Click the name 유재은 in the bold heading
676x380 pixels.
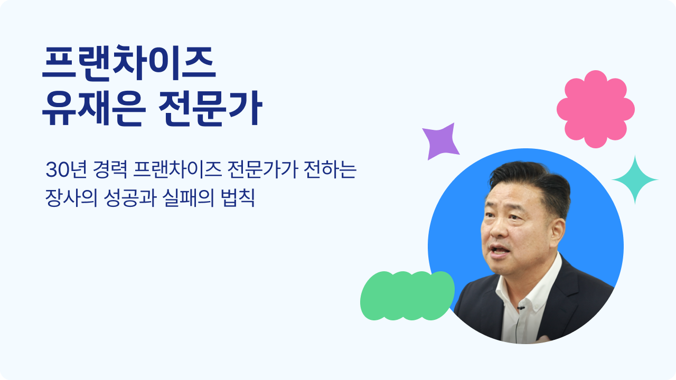(x=94, y=108)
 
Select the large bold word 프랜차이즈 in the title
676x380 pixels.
(x=129, y=63)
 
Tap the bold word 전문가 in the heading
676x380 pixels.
(x=210, y=108)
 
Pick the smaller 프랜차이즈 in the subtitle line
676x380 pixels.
(x=177, y=169)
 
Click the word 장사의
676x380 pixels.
(x=71, y=198)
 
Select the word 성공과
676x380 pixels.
(x=130, y=198)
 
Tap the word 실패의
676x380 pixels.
(x=188, y=198)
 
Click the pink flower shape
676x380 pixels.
(x=595, y=109)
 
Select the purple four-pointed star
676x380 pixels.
(x=441, y=141)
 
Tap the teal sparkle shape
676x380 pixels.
(x=635, y=180)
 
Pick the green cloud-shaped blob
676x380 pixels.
(x=407, y=296)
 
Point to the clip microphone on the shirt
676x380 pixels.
(x=521, y=308)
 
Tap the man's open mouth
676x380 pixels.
(x=499, y=250)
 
